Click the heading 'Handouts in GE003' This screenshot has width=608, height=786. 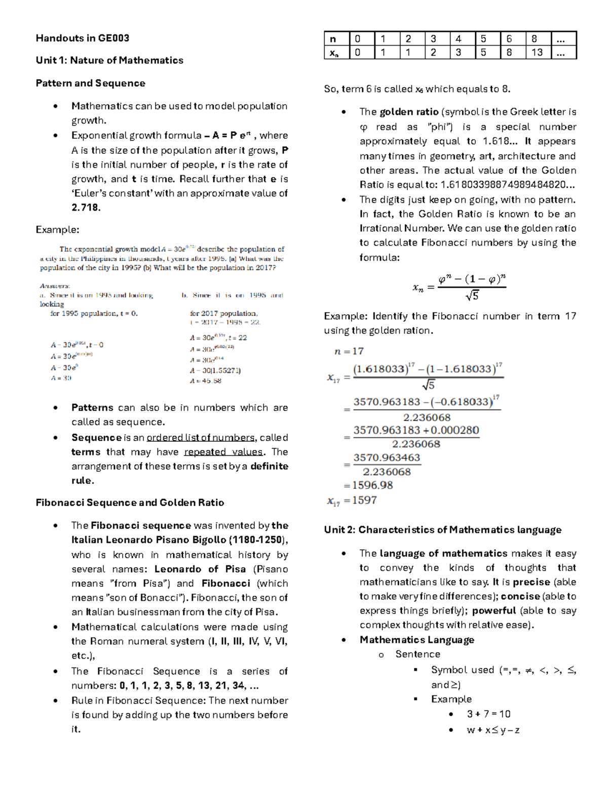(x=82, y=38)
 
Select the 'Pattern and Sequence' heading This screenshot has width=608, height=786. (x=90, y=83)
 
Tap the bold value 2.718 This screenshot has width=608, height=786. (x=86, y=208)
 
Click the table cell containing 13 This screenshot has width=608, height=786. (x=537, y=53)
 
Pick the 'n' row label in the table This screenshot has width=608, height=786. (x=333, y=39)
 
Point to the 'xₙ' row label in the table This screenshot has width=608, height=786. (x=334, y=53)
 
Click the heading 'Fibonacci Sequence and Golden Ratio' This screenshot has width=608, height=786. (x=130, y=503)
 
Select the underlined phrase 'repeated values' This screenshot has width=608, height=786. (x=223, y=452)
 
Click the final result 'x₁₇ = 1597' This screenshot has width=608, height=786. (x=352, y=501)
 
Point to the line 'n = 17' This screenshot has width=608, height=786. (x=349, y=351)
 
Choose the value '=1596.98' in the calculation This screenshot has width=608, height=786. (x=368, y=485)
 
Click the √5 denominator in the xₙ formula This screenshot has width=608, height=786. (x=472, y=296)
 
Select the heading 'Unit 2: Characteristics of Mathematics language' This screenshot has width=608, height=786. (x=442, y=530)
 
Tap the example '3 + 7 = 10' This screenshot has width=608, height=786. (x=488, y=714)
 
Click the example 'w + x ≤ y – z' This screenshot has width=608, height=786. (x=493, y=730)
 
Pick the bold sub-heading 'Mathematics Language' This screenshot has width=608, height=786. (x=416, y=640)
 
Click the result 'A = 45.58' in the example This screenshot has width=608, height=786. (x=205, y=381)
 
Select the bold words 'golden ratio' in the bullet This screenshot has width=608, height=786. (x=409, y=112)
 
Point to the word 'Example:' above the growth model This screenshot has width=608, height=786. (x=57, y=230)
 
